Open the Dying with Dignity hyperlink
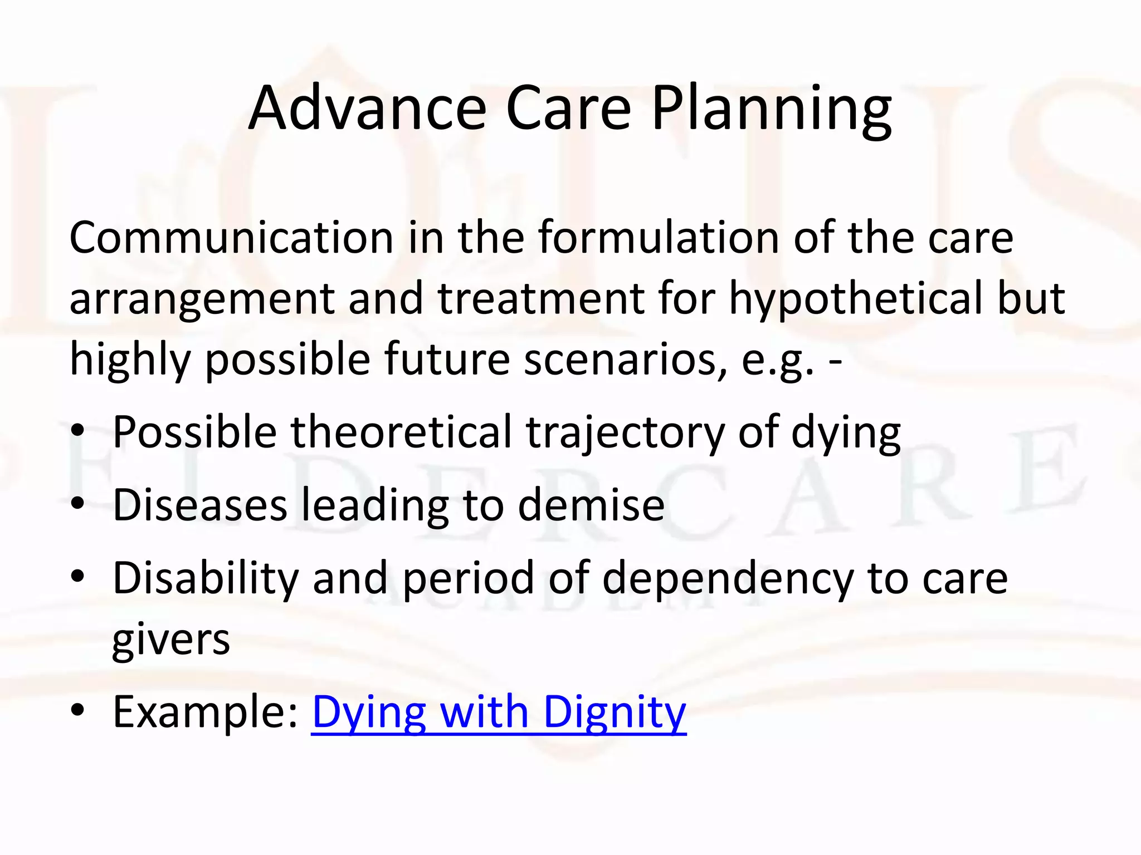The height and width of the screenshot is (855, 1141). tap(499, 712)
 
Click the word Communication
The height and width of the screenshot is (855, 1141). tap(231, 238)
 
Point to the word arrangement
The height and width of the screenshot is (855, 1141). tap(202, 298)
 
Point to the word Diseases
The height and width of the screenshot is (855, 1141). tap(200, 505)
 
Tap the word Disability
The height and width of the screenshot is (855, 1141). tap(206, 578)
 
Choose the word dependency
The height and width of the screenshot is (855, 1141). tap(728, 578)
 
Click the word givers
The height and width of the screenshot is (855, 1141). tap(171, 640)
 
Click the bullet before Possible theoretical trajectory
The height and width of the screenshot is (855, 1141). tap(78, 432)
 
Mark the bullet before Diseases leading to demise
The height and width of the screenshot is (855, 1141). tap(78, 504)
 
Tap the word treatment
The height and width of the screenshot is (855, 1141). tap(541, 298)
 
